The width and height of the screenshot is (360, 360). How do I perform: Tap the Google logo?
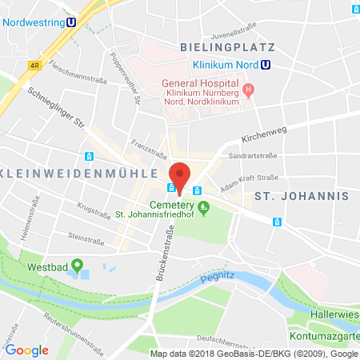(26, 349)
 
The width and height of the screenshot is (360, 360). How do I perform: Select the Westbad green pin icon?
(78, 264)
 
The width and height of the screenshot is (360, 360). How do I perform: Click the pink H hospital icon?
(249, 90)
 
